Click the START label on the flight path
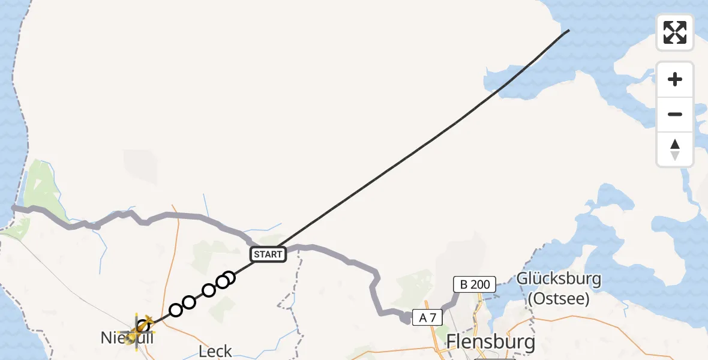pos(268,254)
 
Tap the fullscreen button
pos(674,32)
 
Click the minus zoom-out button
pos(674,114)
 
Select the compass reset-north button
pos(674,149)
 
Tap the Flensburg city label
pos(490,342)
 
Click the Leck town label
pos(215,351)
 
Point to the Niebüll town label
pos(127,338)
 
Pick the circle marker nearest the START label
pos(228,277)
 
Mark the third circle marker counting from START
pos(208,290)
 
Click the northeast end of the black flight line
pos(568,30)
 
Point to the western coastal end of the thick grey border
pos(14,208)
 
